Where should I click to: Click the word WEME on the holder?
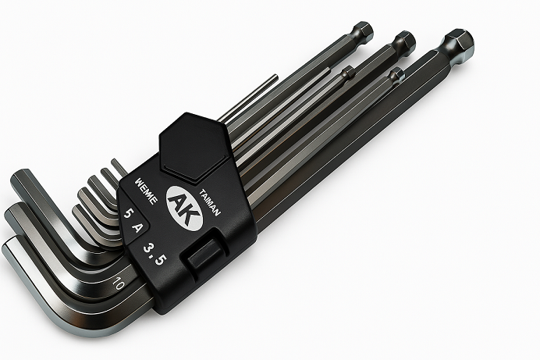click(x=147, y=191)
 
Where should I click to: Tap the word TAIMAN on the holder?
click(x=210, y=202)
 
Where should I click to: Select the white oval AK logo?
click(x=184, y=209)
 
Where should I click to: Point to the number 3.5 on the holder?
click(x=155, y=254)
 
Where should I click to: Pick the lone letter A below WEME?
click(x=137, y=227)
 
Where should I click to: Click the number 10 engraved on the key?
click(x=118, y=283)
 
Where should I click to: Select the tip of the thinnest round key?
click(x=276, y=77)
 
